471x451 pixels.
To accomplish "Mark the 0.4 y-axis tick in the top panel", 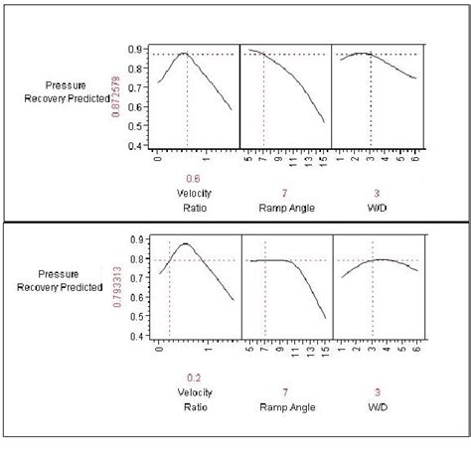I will point(143,145).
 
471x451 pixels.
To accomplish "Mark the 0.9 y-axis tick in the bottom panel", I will point(143,239).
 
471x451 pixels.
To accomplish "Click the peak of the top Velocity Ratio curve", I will point(186,54).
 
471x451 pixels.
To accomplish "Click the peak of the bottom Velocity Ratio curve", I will point(185,242).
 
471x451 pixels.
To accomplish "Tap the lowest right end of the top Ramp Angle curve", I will point(324,123).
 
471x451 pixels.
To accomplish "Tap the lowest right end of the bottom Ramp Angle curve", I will point(325,319).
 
